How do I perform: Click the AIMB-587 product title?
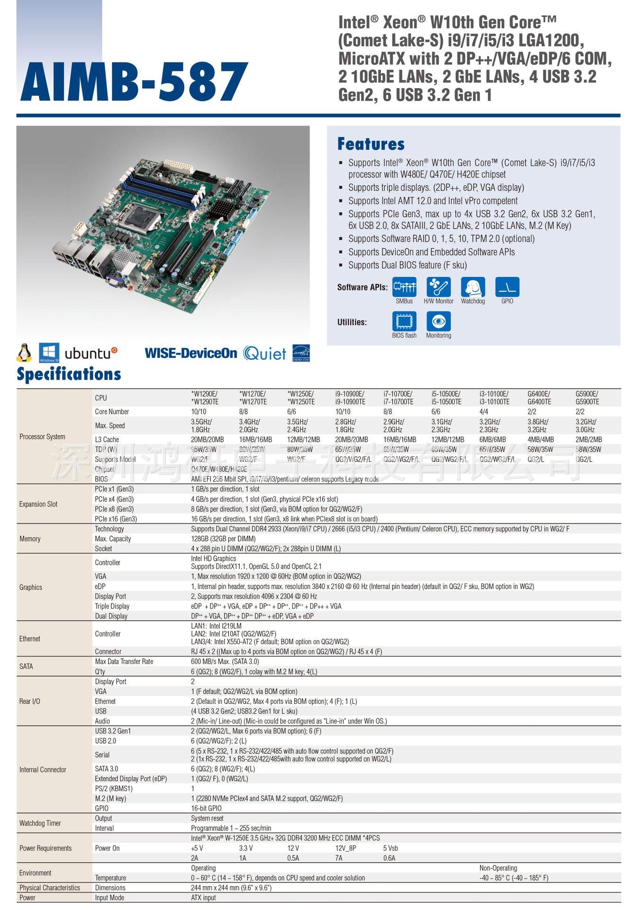134,82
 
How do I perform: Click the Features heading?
371,144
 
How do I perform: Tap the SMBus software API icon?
404,287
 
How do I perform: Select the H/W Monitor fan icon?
438,287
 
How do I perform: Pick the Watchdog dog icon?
472,287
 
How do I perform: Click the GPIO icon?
507,287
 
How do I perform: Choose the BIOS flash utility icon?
404,321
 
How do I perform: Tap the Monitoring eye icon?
438,321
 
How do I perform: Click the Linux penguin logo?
24,353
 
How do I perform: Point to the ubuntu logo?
91,353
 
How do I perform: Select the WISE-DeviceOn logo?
190,353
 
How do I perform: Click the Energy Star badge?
301,353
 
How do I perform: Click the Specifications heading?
69,374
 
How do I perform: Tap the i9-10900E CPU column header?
350,398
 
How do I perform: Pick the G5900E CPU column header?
588,398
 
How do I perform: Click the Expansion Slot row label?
38,504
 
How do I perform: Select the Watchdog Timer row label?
40,823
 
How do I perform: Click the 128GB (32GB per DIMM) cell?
223,539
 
